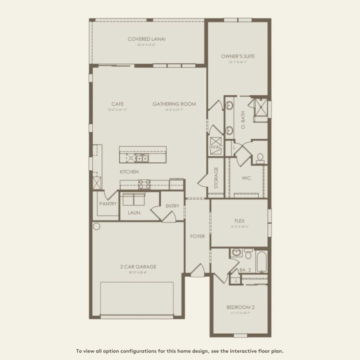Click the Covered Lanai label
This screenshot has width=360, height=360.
tap(147, 39)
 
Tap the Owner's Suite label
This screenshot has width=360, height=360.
tap(238, 56)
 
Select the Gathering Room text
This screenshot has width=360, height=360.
tap(174, 104)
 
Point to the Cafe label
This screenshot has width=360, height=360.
tap(117, 104)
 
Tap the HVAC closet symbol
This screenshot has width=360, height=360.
tap(216, 144)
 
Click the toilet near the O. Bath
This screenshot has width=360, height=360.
tap(260, 158)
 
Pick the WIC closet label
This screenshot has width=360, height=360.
tap(246, 178)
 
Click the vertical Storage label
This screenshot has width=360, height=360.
tap(216, 178)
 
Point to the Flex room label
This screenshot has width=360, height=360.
tap(239, 221)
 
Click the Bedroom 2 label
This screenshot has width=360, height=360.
tap(240, 307)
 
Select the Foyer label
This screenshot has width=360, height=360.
tap(197, 236)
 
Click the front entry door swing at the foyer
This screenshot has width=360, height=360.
tap(197, 270)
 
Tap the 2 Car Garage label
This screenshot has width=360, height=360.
tap(138, 266)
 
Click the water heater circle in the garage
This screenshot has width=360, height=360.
tap(96, 226)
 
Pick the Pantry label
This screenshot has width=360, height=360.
tap(108, 203)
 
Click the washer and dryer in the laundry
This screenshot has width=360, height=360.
tap(134, 199)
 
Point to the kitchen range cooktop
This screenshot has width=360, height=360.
tap(144, 184)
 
